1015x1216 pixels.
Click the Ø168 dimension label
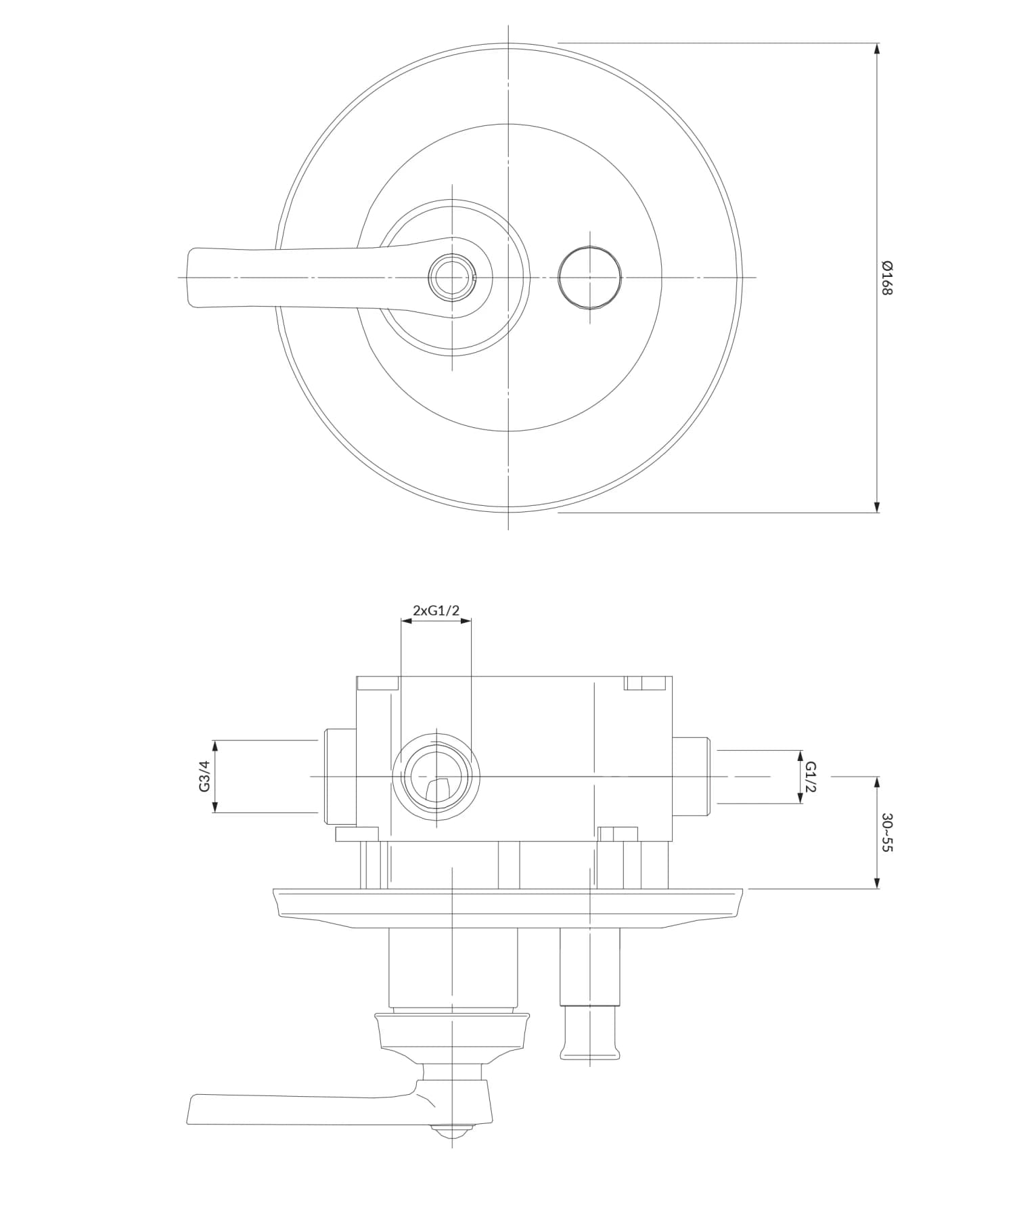(x=887, y=278)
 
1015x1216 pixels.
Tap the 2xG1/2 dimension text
(x=436, y=611)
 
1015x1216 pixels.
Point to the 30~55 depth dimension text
(x=887, y=832)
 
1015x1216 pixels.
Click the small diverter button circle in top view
(x=589, y=278)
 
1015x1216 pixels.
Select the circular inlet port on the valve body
(x=436, y=777)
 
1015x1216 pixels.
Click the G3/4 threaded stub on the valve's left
(x=340, y=777)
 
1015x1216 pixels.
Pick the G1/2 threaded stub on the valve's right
(x=690, y=777)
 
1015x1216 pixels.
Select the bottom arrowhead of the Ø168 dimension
(x=877, y=507)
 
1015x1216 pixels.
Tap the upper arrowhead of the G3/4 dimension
(x=215, y=745)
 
